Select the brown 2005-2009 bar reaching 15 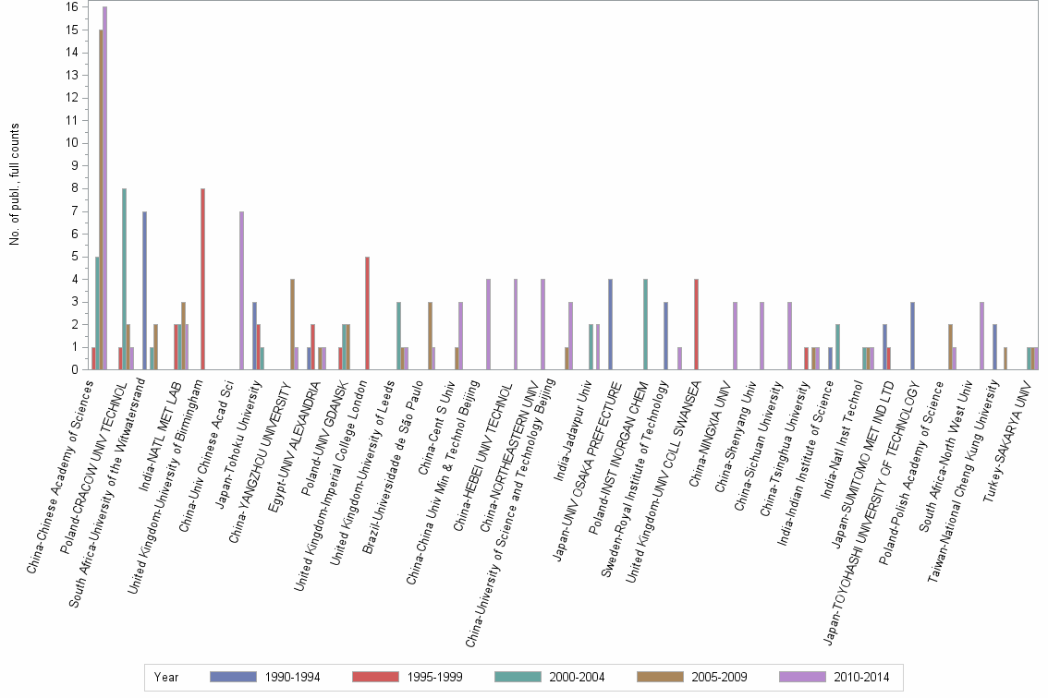coord(100,199)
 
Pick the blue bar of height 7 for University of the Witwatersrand coord(144,290)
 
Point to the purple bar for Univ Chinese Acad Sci coord(241,290)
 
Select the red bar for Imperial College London coord(367,313)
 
